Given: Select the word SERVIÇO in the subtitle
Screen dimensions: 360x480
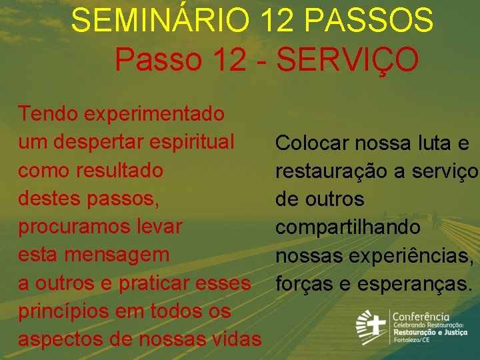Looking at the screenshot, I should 347,59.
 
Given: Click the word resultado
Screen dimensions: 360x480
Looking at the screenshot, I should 117,170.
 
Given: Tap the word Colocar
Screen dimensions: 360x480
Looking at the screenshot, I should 312,143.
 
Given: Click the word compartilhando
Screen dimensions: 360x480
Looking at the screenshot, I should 347,227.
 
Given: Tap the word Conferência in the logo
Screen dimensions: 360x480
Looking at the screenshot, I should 420,317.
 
